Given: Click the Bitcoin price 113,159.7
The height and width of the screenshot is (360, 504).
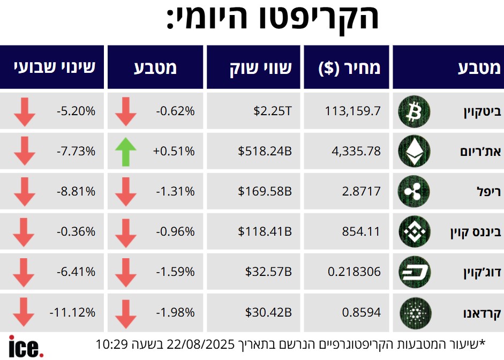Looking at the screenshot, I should tap(353, 111).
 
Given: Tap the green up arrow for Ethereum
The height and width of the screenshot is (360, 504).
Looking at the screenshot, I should tap(126, 152).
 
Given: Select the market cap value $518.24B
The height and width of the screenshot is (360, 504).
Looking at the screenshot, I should tap(265, 152).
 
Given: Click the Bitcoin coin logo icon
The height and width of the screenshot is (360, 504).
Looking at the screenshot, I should tap(414, 111).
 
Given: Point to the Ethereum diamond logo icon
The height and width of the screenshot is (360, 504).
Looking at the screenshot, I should tap(414, 152).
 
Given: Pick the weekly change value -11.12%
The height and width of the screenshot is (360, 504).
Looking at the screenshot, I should tap(72, 312).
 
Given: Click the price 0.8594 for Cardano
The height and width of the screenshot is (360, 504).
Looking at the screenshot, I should tap(362, 312).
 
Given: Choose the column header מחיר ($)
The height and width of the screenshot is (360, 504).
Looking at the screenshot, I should tap(349, 68).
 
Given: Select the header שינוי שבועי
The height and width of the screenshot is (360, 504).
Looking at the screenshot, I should tap(55, 67).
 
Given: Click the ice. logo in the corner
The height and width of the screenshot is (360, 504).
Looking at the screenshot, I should tap(26, 347).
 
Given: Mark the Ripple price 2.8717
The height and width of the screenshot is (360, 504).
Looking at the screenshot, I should tap(362, 192).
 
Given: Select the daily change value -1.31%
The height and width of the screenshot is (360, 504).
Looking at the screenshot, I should tap(175, 192).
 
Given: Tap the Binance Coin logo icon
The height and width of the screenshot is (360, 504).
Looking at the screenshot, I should tap(414, 232).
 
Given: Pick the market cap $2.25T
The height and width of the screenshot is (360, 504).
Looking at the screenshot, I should tap(273, 111).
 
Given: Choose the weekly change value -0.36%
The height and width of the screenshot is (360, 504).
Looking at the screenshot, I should tap(76, 232).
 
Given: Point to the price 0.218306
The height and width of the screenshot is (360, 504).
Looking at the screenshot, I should tap(354, 272).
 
